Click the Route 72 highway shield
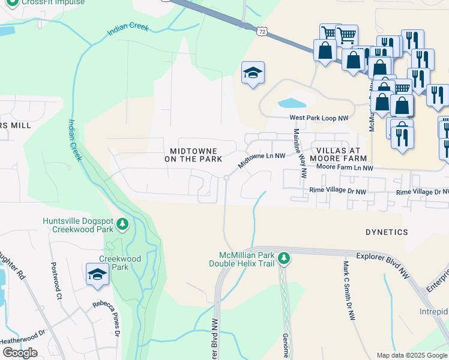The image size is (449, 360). coord(260,30)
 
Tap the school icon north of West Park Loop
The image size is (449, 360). coord(253,74)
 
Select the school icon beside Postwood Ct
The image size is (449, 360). coord(97,275)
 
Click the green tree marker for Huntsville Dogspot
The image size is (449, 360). coord(123,224)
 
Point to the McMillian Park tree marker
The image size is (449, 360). coord(284,259)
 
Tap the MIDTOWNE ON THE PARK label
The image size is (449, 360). coord(193,155)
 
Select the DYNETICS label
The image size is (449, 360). coord(387,232)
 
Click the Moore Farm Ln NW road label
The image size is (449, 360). coord(345,168)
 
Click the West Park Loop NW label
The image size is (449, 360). coord(319,119)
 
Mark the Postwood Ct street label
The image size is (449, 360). coord(56,281)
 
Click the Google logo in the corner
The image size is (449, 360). coord(20,353)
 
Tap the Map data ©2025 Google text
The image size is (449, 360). coord(411,355)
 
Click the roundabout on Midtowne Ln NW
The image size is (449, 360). coord(226,178)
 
